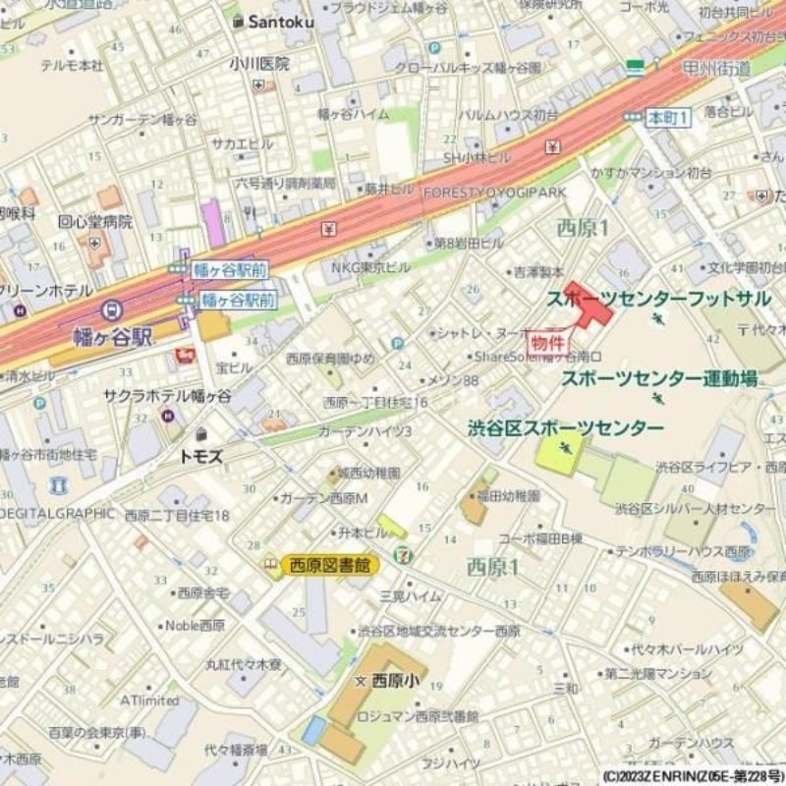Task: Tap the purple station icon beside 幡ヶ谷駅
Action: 112,311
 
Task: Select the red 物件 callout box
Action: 548,343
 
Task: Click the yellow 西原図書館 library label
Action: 330,565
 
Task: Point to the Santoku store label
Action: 279,20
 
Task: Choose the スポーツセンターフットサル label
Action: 658,298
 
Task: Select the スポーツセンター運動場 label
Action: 660,378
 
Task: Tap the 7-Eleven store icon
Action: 404,553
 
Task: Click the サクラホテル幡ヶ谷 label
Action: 168,396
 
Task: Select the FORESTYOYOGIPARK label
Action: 495,194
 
